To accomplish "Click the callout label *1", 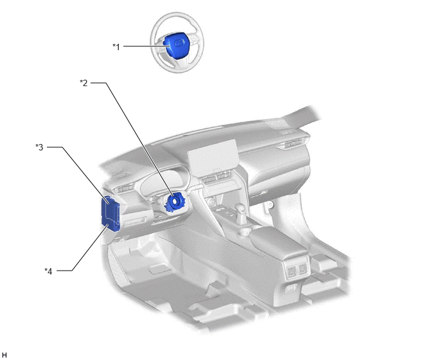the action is pos(116,46).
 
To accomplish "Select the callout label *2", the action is pos(84,83).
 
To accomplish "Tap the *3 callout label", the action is pos(39,147).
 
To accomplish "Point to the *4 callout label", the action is pos(48,271).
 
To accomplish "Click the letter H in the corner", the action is pos(4,355).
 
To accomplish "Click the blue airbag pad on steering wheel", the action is pos(174,45).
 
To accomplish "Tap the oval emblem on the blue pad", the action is pos(179,43).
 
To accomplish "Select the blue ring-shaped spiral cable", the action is pos(174,201).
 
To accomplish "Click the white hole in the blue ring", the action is pos(175,201).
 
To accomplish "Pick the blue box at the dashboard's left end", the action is pos(110,213).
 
